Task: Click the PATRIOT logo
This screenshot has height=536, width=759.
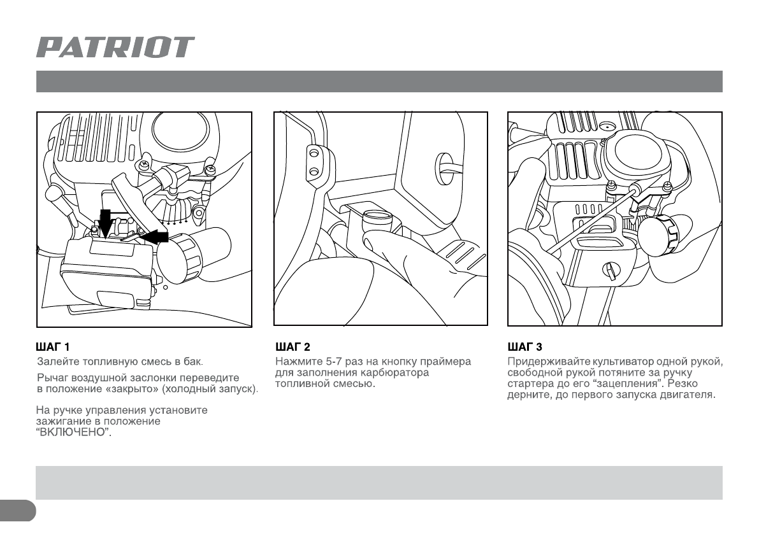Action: (x=115, y=48)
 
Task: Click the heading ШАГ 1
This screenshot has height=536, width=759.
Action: (x=52, y=347)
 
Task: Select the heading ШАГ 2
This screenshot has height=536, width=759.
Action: (x=293, y=347)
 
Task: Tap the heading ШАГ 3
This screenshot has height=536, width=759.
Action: (x=525, y=347)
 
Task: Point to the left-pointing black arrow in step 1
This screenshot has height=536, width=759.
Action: (x=154, y=237)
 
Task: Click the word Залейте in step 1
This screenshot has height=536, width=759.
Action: (x=55, y=362)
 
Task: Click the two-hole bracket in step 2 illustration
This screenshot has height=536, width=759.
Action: (x=314, y=162)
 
